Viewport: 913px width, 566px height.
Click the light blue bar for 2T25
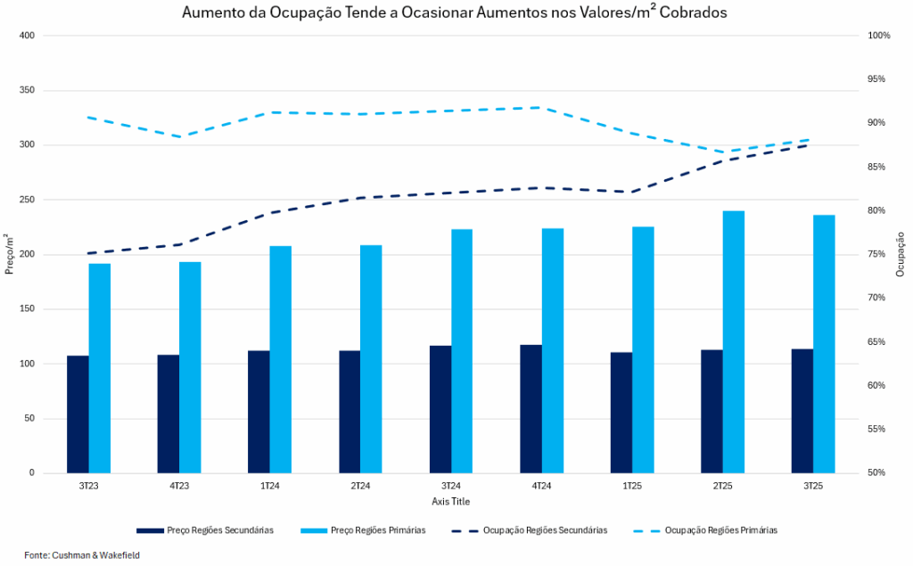click(733, 342)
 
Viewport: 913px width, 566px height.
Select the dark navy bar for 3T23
click(78, 414)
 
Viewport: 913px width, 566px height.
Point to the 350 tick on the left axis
click(26, 91)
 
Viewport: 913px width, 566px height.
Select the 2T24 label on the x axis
click(360, 486)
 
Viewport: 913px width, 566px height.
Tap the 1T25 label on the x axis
click(632, 486)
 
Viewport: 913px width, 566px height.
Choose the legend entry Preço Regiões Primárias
click(378, 530)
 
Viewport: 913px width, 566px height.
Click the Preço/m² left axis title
click(9, 254)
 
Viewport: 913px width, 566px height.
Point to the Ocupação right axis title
click(901, 254)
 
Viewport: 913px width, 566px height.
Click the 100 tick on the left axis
click(26, 364)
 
